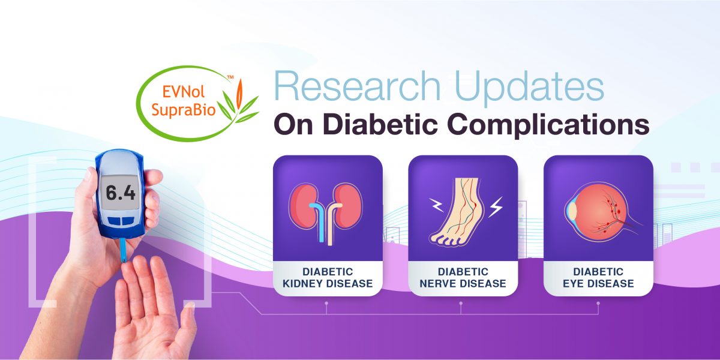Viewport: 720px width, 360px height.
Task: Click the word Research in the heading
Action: coord(357,86)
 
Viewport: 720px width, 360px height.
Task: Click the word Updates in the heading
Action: coord(530,88)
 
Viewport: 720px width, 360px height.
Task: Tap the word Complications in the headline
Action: coord(548,126)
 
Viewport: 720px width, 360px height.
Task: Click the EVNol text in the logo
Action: coord(183,92)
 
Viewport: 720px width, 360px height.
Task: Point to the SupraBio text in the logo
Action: coord(184,110)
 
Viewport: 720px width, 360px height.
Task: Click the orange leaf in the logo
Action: coord(239,94)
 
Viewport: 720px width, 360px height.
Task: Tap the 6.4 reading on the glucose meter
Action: coord(120,193)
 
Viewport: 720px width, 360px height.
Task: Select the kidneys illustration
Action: coord(325,212)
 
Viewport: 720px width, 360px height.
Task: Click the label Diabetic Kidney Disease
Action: coord(328,278)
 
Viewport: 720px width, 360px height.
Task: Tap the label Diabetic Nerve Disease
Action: coord(463,278)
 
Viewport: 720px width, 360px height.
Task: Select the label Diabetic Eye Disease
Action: coord(598,278)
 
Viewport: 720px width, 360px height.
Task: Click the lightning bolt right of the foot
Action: coord(496,207)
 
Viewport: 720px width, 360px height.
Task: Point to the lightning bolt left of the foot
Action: coord(437,205)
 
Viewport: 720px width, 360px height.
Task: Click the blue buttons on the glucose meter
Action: coord(121,221)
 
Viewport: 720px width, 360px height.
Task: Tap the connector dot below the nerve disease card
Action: coord(461,303)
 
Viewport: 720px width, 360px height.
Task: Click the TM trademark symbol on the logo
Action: coord(230,77)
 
